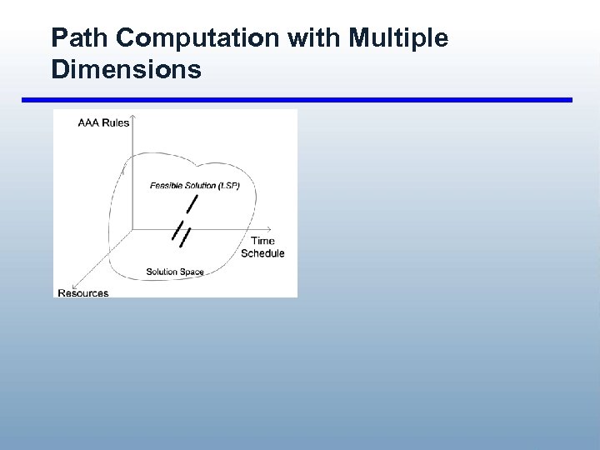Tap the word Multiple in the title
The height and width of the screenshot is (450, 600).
coord(398,38)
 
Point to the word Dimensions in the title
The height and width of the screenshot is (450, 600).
coord(126,69)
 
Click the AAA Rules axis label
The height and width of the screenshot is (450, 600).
coord(103,123)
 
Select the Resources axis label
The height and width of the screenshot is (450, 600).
coord(82,293)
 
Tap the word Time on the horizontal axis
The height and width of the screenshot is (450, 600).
coord(262,242)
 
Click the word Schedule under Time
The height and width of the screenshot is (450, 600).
coord(262,253)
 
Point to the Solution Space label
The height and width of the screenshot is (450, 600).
coord(175,272)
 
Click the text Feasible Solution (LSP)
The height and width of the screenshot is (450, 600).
coord(194,185)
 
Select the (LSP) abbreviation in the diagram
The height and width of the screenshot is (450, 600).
coord(227,185)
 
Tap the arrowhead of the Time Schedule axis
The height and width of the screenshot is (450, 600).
coord(271,227)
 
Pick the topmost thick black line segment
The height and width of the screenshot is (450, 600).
coord(192,204)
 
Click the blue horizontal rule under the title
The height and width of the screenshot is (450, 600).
coord(297,100)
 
